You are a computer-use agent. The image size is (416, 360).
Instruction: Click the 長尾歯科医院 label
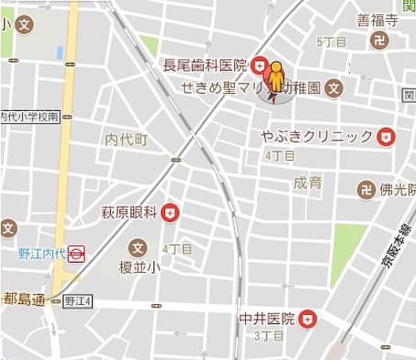pyautogui.click(x=205, y=66)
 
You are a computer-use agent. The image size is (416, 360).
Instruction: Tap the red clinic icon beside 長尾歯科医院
pyautogui.click(x=259, y=66)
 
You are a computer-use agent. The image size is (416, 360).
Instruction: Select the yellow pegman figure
pyautogui.click(x=277, y=77)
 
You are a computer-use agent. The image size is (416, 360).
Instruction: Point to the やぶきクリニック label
pyautogui.click(x=317, y=137)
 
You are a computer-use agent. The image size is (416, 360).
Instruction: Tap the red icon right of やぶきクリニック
pyautogui.click(x=384, y=137)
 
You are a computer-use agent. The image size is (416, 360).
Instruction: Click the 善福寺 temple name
pyautogui.click(x=377, y=21)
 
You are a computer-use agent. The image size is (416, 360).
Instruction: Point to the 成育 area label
pyautogui.click(x=308, y=183)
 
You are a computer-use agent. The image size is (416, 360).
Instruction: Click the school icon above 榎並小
pyautogui.click(x=139, y=247)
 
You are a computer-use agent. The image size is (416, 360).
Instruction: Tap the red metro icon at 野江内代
pyautogui.click(x=76, y=255)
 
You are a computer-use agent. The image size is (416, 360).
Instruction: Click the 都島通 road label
pyautogui.click(x=24, y=299)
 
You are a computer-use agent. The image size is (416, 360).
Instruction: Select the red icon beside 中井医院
pyautogui.click(x=307, y=320)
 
